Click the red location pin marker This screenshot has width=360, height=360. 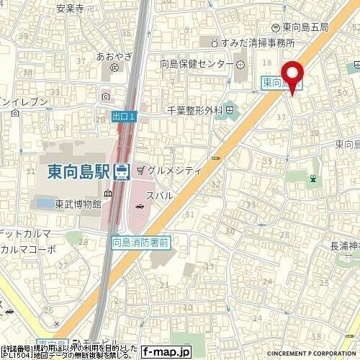pos(292,75)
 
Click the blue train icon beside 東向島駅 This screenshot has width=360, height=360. pos(122,171)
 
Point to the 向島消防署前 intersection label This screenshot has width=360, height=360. pos(140,243)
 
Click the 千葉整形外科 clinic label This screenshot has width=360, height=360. pos(194,111)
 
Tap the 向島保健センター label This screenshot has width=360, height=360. pos(191,63)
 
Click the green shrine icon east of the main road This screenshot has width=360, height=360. pos(313,178)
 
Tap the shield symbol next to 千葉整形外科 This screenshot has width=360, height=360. pos(229,111)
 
